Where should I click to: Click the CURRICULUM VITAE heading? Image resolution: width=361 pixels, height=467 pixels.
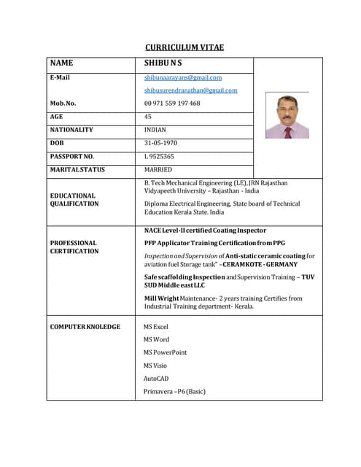pyautogui.click(x=184, y=47)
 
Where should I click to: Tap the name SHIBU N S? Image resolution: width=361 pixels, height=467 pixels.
pyautogui.click(x=163, y=63)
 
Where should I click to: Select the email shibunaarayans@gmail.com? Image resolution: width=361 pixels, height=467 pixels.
pyautogui.click(x=182, y=77)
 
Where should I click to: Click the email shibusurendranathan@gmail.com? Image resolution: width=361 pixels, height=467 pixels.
pyautogui.click(x=190, y=90)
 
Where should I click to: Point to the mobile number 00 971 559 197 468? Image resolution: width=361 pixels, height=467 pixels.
pyautogui.click(x=172, y=103)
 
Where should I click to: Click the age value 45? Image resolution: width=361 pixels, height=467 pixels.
pyautogui.click(x=148, y=116)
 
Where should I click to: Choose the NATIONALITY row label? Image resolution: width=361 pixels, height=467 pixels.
pyautogui.click(x=71, y=129)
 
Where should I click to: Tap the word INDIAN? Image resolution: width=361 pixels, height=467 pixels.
pyautogui.click(x=155, y=129)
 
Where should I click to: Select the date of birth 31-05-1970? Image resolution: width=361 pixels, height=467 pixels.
pyautogui.click(x=160, y=142)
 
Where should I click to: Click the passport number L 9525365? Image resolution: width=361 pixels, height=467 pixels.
pyautogui.click(x=159, y=156)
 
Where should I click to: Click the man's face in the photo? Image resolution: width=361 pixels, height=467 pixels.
pyautogui.click(x=287, y=109)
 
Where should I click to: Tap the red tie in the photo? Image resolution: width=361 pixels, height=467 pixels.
pyautogui.click(x=287, y=132)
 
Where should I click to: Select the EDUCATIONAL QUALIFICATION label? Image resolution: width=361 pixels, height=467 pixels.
pyautogui.click(x=74, y=200)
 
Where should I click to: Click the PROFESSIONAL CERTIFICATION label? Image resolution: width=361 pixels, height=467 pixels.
pyautogui.click(x=74, y=247)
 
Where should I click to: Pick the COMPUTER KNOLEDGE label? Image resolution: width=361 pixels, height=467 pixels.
pyautogui.click(x=85, y=326)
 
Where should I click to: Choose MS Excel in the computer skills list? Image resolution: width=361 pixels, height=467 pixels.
pyautogui.click(x=155, y=327)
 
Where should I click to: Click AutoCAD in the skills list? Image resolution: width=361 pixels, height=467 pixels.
pyautogui.click(x=156, y=379)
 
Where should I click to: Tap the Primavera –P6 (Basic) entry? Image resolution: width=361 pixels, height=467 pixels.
pyautogui.click(x=174, y=392)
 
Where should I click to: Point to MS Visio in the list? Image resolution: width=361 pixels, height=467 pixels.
pyautogui.click(x=155, y=366)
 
